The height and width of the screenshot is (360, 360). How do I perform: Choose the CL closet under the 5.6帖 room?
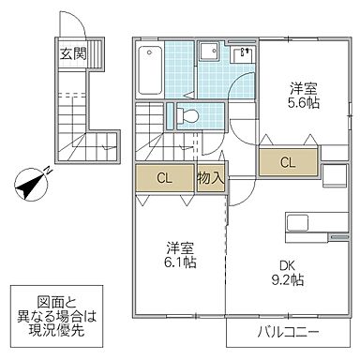287,162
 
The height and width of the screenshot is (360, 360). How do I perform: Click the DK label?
283,264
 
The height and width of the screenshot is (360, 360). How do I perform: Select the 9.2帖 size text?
283,280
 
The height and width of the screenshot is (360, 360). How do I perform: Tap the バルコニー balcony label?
285,334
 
